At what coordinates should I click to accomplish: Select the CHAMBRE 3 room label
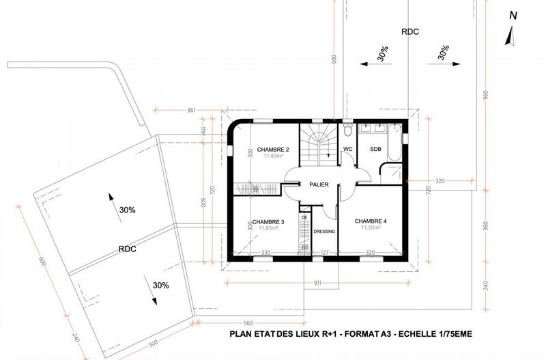(x=268, y=222)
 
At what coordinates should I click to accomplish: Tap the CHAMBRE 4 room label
(x=371, y=221)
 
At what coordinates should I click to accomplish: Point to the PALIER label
(x=319, y=184)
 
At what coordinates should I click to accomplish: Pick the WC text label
(x=347, y=148)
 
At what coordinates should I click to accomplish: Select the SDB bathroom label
(x=375, y=148)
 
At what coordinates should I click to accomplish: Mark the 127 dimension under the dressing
(x=325, y=253)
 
